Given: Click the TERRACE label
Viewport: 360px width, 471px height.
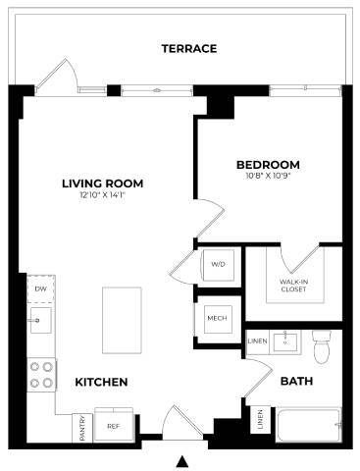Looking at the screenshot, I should [189, 49].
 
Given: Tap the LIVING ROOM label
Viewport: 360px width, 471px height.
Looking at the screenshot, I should [103, 183].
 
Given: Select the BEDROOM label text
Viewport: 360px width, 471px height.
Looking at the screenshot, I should [268, 164].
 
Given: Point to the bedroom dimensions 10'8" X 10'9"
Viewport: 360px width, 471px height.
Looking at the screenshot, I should [268, 177].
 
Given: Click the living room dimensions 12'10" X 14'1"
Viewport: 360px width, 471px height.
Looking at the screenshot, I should [102, 195].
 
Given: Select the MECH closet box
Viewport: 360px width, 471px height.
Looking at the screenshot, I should [217, 319].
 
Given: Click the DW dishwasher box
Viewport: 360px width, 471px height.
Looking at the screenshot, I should [40, 289].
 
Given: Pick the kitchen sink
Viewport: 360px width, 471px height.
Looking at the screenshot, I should [40, 320].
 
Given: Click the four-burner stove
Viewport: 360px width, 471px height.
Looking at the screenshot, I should [41, 374].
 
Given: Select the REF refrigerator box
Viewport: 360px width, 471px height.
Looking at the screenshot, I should [114, 426].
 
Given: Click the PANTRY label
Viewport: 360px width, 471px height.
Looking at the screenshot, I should [80, 427].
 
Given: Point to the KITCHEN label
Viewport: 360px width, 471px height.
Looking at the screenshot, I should [102, 381].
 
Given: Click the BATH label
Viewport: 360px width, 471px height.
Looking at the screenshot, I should [295, 381].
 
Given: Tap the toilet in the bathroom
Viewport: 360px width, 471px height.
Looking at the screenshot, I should [321, 346].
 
